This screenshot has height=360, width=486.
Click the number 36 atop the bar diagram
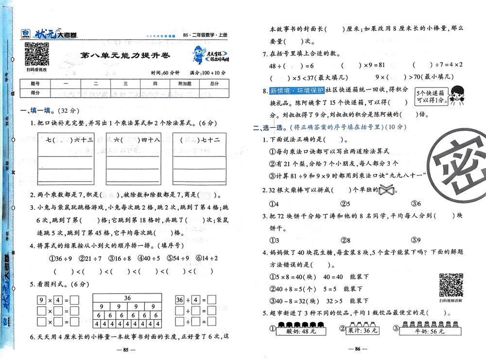127,298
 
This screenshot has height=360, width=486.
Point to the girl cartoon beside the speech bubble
456,94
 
